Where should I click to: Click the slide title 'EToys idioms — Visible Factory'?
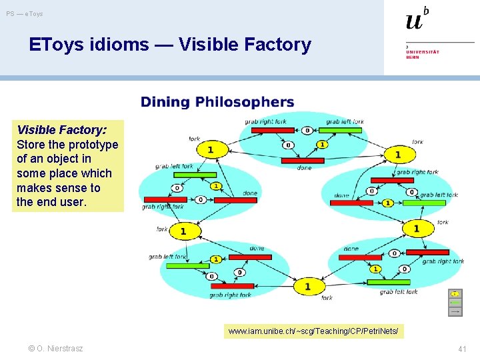(x=170, y=45)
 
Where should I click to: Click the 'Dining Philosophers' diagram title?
(x=217, y=102)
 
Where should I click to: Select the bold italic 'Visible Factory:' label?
(x=61, y=130)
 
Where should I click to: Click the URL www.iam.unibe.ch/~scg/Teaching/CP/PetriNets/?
(x=313, y=331)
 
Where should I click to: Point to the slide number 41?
(x=463, y=349)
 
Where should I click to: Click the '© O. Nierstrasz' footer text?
(x=56, y=349)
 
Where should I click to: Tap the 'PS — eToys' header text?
(x=25, y=14)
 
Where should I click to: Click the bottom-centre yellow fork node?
(x=307, y=287)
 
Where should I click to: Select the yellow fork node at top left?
(x=210, y=149)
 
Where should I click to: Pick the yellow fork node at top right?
(x=398, y=155)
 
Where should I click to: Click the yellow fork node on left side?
(x=183, y=231)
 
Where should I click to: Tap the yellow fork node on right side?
(x=417, y=229)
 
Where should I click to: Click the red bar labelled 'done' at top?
(x=302, y=161)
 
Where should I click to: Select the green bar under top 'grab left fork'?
(x=344, y=130)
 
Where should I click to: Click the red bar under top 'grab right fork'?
(x=267, y=130)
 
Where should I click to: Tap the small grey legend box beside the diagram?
(x=455, y=303)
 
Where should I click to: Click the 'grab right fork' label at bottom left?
(x=230, y=295)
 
